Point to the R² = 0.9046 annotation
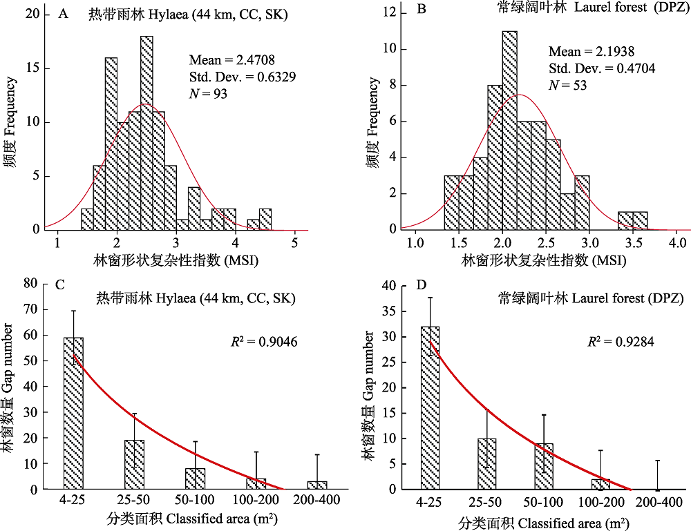click(x=264, y=340)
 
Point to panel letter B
click(x=422, y=10)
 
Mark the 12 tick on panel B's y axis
click(x=392, y=12)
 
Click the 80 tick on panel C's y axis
click(x=30, y=283)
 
